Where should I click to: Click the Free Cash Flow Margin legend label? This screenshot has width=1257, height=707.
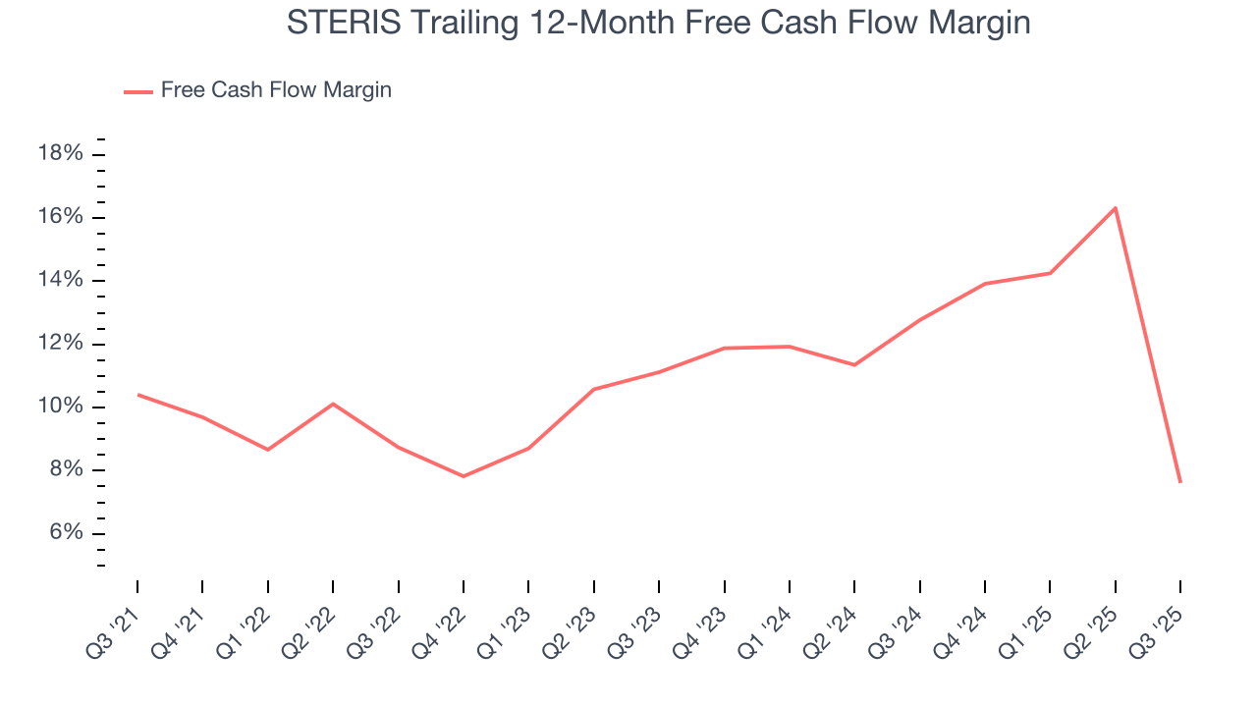[x=276, y=90]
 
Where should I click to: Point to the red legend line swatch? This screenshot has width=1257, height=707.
[x=137, y=91]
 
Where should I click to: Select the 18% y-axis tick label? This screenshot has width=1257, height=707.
[x=59, y=153]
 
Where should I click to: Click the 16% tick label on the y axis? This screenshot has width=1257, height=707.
[x=59, y=217]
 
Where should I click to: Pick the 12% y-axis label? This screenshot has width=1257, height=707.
[x=59, y=344]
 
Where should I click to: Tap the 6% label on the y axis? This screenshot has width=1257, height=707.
[x=63, y=533]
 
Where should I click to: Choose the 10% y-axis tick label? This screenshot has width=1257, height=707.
[x=59, y=407]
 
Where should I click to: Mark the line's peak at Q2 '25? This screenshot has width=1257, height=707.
[x=1115, y=208]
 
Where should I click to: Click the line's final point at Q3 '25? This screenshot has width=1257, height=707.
[x=1179, y=482]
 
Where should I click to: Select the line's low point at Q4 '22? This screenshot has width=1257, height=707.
[x=463, y=476]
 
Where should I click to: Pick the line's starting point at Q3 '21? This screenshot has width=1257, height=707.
[x=137, y=395]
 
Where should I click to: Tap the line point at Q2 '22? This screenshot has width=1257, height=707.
[x=333, y=404]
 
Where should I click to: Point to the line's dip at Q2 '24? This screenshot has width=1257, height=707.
[x=854, y=365]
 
